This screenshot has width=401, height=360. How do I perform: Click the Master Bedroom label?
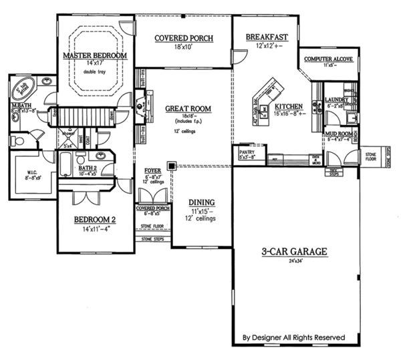tap(94, 55)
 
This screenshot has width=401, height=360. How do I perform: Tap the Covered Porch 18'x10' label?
tap(184, 39)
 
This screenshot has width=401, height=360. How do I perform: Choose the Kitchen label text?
tap(289, 106)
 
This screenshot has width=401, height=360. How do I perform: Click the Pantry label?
tap(247, 152)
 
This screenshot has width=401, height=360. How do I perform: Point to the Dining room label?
tap(201, 202)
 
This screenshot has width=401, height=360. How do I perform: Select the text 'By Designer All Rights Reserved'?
tap(295, 337)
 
